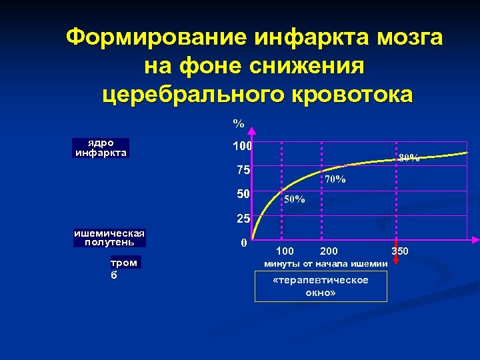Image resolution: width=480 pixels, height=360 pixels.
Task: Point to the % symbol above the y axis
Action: click(x=238, y=123)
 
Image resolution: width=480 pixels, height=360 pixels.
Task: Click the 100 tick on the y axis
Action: click(x=241, y=145)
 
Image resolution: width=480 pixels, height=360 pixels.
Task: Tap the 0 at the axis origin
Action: click(x=245, y=243)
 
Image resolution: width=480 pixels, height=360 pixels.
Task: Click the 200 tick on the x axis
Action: click(x=329, y=251)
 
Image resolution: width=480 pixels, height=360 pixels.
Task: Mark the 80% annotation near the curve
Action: click(x=409, y=158)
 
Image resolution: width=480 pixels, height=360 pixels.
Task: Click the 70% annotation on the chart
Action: click(x=335, y=179)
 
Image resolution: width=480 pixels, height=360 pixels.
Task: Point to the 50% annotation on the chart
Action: click(x=294, y=199)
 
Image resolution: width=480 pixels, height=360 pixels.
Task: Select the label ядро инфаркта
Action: click(x=101, y=147)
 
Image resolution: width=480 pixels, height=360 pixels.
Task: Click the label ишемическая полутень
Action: click(x=109, y=237)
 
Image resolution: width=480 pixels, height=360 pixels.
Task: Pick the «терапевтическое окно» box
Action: click(x=321, y=287)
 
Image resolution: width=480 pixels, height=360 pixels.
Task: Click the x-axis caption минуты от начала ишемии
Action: click(x=326, y=264)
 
